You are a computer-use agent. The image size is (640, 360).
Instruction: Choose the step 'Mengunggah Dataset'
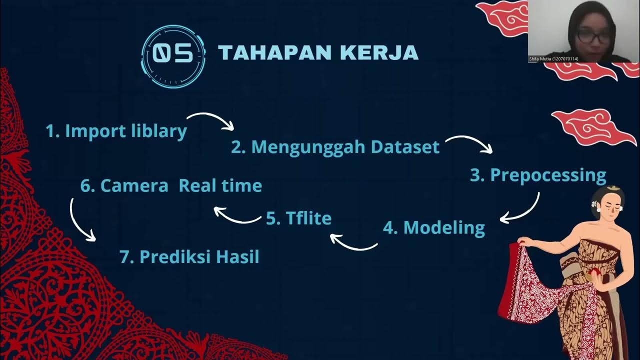(335, 147)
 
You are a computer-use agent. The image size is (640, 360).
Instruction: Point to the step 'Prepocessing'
(538, 175)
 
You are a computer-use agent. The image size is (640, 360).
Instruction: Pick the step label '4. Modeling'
(434, 228)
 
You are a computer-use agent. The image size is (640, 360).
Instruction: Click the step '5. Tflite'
(298, 218)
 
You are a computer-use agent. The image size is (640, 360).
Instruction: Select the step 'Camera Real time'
(171, 185)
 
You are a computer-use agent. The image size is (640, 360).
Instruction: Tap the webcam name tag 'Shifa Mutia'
(553, 59)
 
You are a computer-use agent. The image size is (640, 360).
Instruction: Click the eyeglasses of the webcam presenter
(594, 36)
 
